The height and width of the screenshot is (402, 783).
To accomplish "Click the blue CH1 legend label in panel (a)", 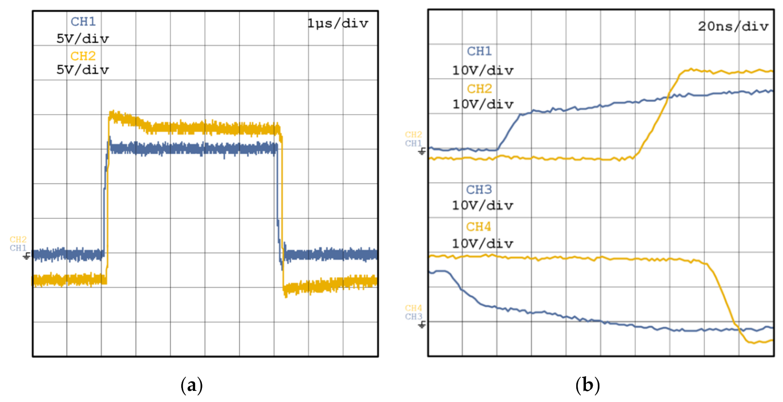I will (83, 22).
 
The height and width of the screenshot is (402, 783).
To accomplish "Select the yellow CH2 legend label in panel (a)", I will (83, 56).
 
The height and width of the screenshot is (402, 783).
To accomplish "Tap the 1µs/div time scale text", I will (338, 23).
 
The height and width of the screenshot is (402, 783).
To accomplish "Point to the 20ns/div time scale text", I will (733, 27).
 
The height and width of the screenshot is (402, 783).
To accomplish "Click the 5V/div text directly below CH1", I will (83, 39).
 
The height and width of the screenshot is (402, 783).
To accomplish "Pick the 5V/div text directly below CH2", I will (83, 70).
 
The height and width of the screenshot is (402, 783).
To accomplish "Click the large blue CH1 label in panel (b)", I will (479, 51).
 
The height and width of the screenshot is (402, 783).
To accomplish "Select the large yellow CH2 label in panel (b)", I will (479, 89).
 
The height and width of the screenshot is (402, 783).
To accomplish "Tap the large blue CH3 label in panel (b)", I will (479, 190).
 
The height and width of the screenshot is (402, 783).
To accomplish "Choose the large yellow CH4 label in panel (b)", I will (479, 227).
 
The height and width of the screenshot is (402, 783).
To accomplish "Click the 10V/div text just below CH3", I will (483, 206).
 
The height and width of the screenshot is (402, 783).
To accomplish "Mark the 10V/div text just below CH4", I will (483, 244).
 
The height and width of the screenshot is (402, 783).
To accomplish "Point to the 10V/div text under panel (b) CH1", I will (483, 71).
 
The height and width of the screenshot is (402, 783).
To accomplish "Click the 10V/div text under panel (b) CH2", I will (483, 104).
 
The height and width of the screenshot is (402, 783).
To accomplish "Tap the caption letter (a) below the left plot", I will (191, 386).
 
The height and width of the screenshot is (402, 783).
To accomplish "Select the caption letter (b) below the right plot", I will (587, 386).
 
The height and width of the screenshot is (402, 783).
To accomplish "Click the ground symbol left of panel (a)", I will (27, 255).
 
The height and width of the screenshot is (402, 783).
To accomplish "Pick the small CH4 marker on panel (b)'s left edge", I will (413, 308).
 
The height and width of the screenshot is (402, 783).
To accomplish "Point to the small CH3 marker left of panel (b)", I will (413, 317).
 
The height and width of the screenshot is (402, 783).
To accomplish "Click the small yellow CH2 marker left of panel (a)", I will (18, 239).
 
